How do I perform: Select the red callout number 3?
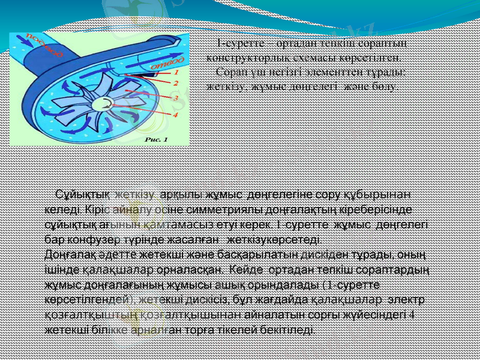tap(176, 97)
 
